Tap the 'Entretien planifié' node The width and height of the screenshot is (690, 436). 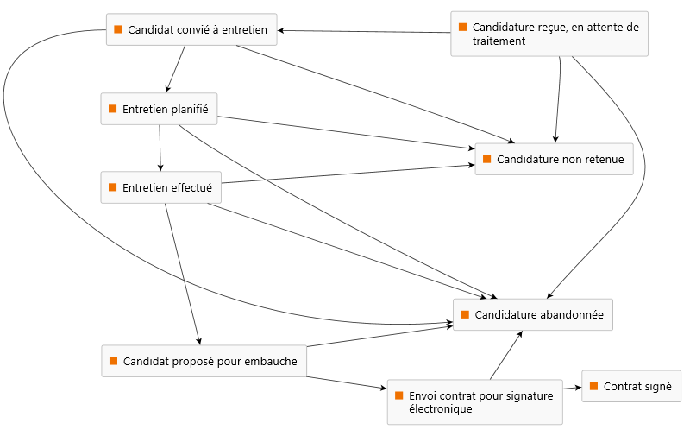[159, 109]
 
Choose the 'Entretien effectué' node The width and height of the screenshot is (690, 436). [160, 187]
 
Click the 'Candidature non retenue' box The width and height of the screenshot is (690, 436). [554, 159]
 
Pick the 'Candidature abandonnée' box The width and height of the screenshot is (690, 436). [533, 314]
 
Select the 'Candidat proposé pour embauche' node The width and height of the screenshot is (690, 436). [204, 361]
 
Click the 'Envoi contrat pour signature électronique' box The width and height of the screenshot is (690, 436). [474, 401]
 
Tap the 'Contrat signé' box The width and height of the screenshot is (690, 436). [631, 387]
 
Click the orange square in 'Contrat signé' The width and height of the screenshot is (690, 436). [593, 387]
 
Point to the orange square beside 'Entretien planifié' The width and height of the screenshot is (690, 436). [112, 109]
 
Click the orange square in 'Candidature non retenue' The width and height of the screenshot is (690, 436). [486, 159]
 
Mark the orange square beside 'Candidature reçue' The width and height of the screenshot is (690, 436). [462, 27]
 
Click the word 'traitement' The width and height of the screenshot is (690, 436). [499, 41]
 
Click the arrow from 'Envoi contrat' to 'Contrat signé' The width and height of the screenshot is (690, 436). [572, 389]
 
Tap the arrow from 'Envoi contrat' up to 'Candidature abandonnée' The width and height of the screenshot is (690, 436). [505, 356]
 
